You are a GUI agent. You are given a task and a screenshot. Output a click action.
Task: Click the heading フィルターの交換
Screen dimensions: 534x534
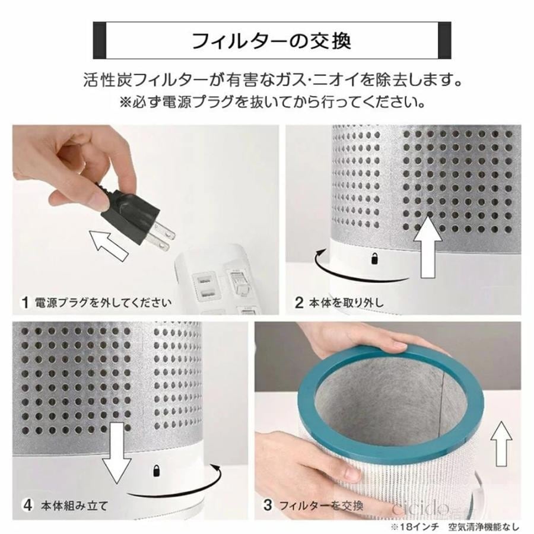tap(272, 42)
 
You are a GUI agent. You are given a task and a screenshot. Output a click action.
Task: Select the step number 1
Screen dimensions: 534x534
tap(25, 302)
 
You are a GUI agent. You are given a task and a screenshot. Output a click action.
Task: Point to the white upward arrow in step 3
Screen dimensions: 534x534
tap(502, 445)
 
